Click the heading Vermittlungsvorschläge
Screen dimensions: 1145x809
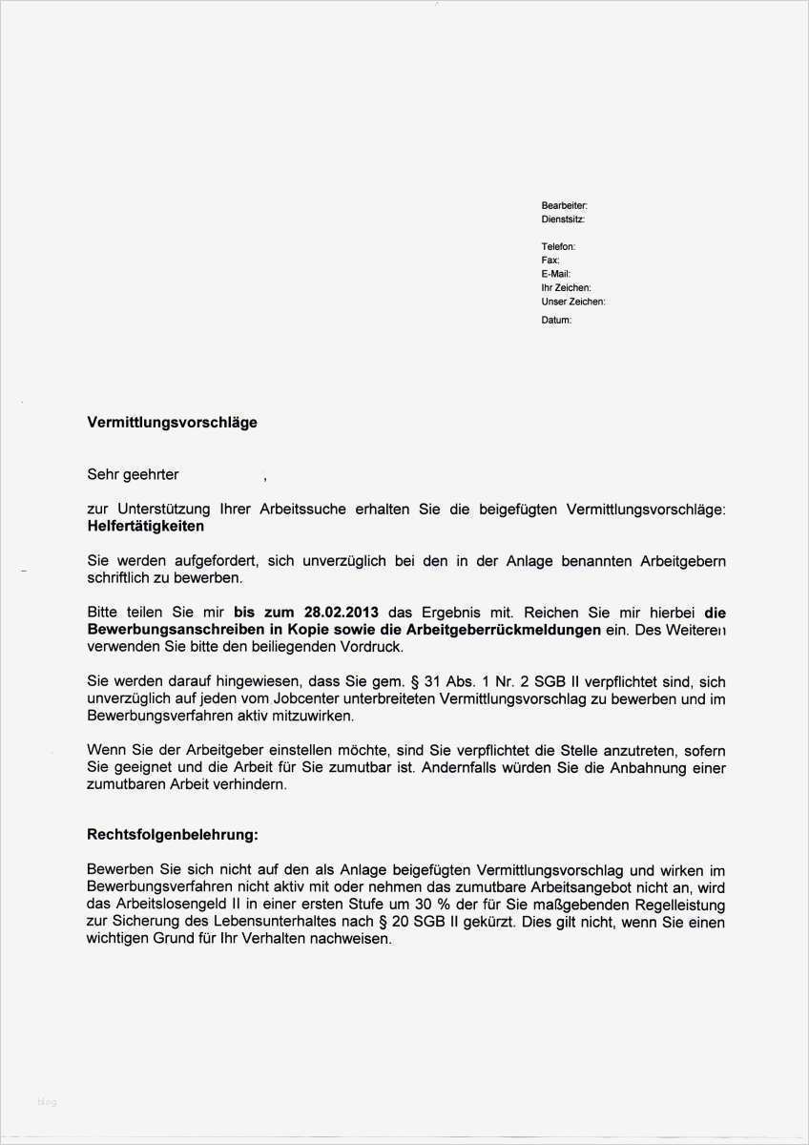(172, 422)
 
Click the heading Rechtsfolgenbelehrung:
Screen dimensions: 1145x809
(172, 834)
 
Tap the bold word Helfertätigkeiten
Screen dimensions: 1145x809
(145, 526)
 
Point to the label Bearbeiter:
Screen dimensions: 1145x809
(564, 205)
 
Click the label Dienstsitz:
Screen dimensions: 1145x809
(563, 219)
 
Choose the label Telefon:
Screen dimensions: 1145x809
(558, 246)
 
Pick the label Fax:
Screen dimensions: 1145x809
(550, 260)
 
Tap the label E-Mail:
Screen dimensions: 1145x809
(555, 274)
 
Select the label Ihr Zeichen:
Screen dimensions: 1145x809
(566, 287)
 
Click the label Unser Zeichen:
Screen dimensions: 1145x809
(572, 302)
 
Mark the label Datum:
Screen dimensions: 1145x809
(556, 321)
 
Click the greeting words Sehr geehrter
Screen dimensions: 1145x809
(133, 474)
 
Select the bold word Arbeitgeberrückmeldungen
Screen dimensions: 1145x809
(505, 630)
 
